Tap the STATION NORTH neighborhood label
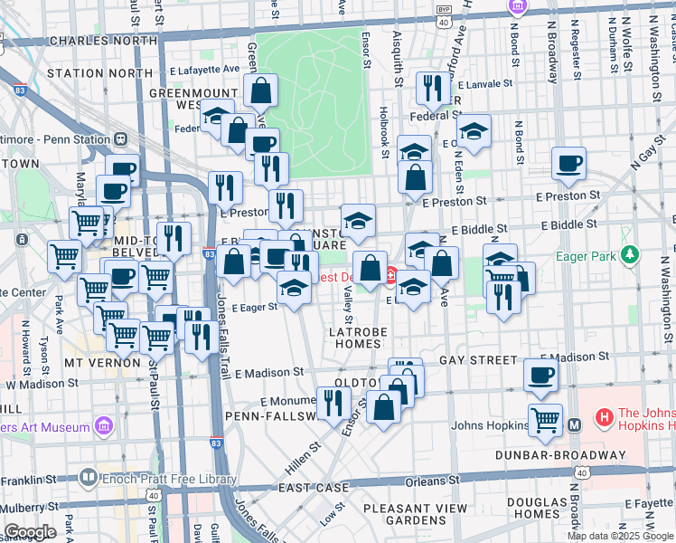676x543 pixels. coord(99,72)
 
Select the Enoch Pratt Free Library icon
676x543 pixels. coord(88,475)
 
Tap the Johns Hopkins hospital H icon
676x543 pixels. coord(603,417)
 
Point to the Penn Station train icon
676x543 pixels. coord(119,140)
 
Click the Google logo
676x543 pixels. coord(30,532)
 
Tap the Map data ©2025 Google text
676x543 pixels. coord(619,536)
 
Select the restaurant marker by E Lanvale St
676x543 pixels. coord(430,88)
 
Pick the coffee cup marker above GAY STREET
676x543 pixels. coord(541,376)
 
